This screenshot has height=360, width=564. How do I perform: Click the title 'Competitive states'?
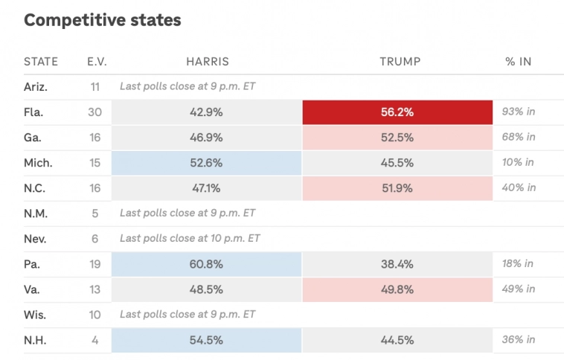pos(102,20)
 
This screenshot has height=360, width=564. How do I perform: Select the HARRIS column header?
pos(207,62)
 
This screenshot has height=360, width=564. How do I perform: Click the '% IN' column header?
pos(518,62)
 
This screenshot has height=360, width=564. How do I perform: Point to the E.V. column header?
pos(97,62)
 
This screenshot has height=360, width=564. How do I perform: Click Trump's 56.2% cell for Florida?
pos(397,112)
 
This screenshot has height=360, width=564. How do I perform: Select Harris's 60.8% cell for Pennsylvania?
pos(207,264)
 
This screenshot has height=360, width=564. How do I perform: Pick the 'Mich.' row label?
pos(37,163)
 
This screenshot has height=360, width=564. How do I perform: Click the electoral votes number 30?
pos(94,112)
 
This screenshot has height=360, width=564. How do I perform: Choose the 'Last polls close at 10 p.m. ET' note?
pos(190,239)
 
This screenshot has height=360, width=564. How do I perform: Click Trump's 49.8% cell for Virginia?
pos(397,289)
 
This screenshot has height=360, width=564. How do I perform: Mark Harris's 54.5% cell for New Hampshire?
pos(207,340)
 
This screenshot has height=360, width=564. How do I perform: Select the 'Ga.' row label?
pos(33,138)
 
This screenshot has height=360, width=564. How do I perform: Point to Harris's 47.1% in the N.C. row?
pos(207,188)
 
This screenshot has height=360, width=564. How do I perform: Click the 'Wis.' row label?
pos(35,315)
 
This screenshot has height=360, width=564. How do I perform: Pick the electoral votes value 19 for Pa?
pos(94,264)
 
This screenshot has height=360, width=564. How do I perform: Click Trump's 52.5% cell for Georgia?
pos(397,138)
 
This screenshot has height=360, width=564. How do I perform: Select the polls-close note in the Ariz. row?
pos(188,87)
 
